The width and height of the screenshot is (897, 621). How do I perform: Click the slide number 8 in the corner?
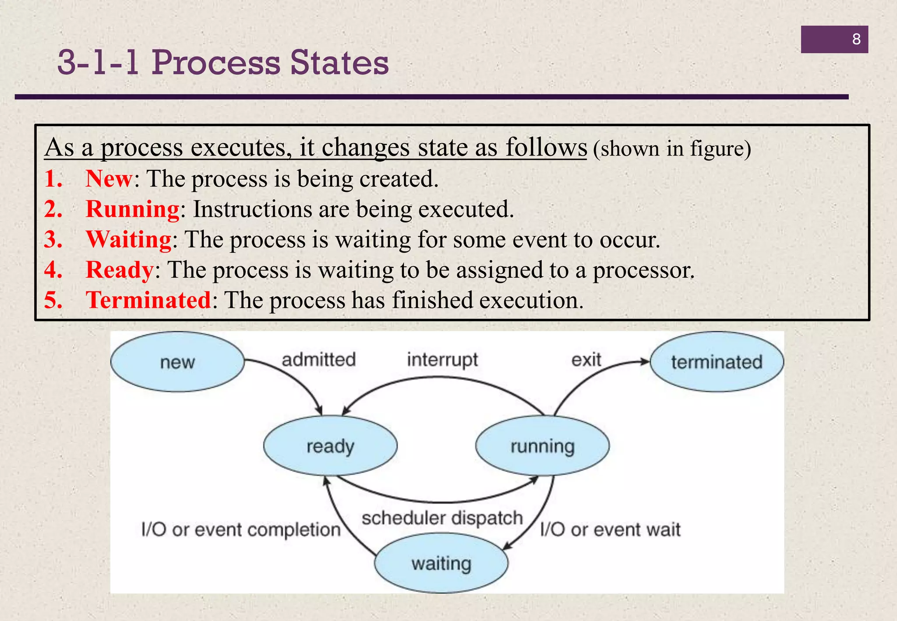(856, 39)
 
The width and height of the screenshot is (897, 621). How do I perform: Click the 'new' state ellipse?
(177, 362)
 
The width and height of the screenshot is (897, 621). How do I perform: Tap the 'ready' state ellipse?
(330, 446)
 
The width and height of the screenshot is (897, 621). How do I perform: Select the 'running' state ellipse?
(542, 446)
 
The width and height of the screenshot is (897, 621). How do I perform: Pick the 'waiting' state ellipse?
(441, 563)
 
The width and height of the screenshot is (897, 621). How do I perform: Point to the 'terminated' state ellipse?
(717, 362)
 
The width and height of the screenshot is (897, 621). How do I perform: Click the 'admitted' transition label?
(318, 360)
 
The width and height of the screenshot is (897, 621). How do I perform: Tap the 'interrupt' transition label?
(442, 360)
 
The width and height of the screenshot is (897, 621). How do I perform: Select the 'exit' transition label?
(586, 360)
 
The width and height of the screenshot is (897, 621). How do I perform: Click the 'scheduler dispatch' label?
(442, 518)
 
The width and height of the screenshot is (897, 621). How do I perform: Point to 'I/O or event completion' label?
(241, 529)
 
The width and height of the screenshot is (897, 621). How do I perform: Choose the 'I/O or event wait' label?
(610, 529)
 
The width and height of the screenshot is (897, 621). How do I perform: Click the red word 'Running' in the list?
(132, 209)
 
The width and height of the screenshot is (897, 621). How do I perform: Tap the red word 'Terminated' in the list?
(148, 300)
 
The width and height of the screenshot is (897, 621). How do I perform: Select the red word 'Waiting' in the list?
(129, 240)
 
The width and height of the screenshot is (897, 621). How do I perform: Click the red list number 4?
(53, 270)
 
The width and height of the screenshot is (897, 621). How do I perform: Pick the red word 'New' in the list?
(109, 179)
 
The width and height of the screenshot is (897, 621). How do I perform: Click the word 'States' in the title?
(339, 62)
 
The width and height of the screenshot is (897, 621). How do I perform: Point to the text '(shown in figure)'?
(672, 148)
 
